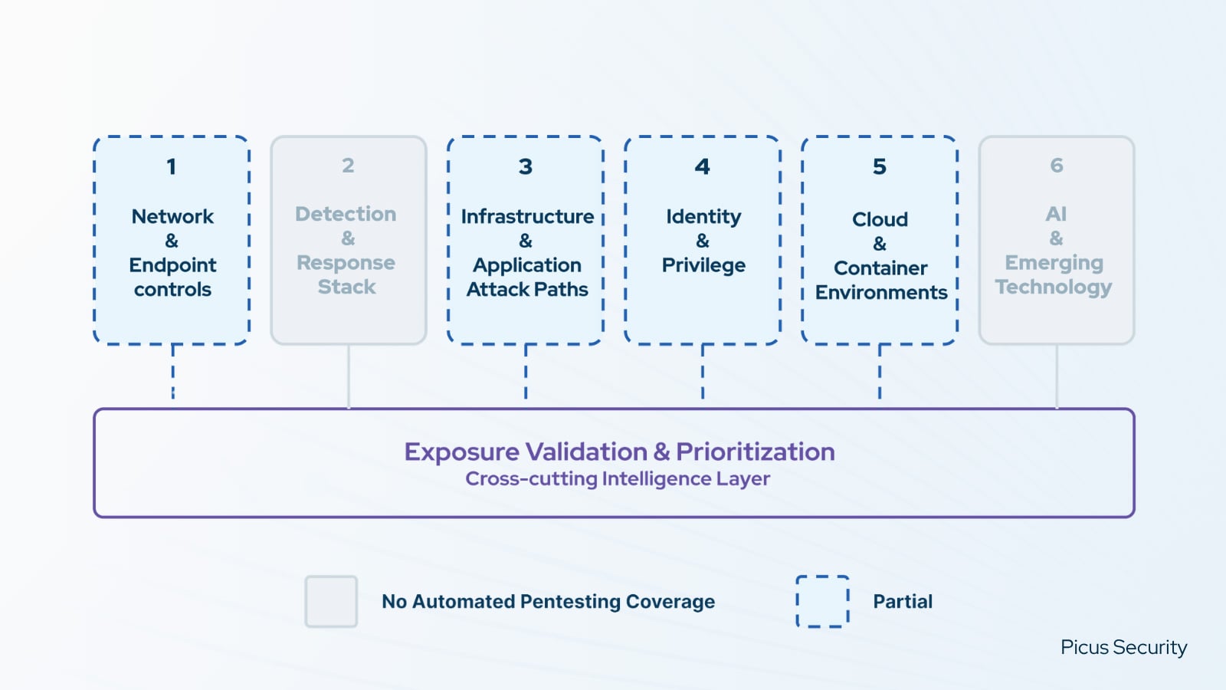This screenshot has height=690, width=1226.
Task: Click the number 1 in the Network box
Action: click(x=172, y=166)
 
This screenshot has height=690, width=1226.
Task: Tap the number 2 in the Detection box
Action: click(x=348, y=166)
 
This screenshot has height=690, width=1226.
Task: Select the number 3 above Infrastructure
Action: click(x=525, y=166)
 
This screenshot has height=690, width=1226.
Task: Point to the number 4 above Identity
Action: click(x=702, y=166)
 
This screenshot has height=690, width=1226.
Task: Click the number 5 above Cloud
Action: click(x=880, y=166)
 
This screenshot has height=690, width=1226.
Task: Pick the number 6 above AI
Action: click(x=1057, y=166)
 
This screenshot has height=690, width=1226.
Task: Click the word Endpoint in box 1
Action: click(x=172, y=265)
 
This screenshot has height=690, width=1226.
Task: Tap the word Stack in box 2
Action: click(x=347, y=287)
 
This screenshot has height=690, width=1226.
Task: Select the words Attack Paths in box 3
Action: click(x=527, y=289)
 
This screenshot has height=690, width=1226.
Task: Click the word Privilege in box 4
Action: click(x=703, y=265)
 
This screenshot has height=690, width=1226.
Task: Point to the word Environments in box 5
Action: click(x=881, y=292)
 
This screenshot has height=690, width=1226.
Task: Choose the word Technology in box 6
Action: click(x=1054, y=287)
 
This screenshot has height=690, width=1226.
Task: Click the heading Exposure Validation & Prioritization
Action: click(x=619, y=452)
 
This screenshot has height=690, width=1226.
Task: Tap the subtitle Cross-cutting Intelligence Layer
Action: click(x=618, y=478)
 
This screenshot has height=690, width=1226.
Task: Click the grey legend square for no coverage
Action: click(x=331, y=602)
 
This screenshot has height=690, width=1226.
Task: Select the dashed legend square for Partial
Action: click(x=822, y=602)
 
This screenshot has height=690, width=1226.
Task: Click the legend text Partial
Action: click(x=903, y=602)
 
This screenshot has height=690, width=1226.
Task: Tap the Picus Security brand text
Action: click(x=1123, y=647)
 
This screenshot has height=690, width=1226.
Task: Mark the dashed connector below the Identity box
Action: click(x=703, y=372)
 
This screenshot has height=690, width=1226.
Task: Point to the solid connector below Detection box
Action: click(x=349, y=376)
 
